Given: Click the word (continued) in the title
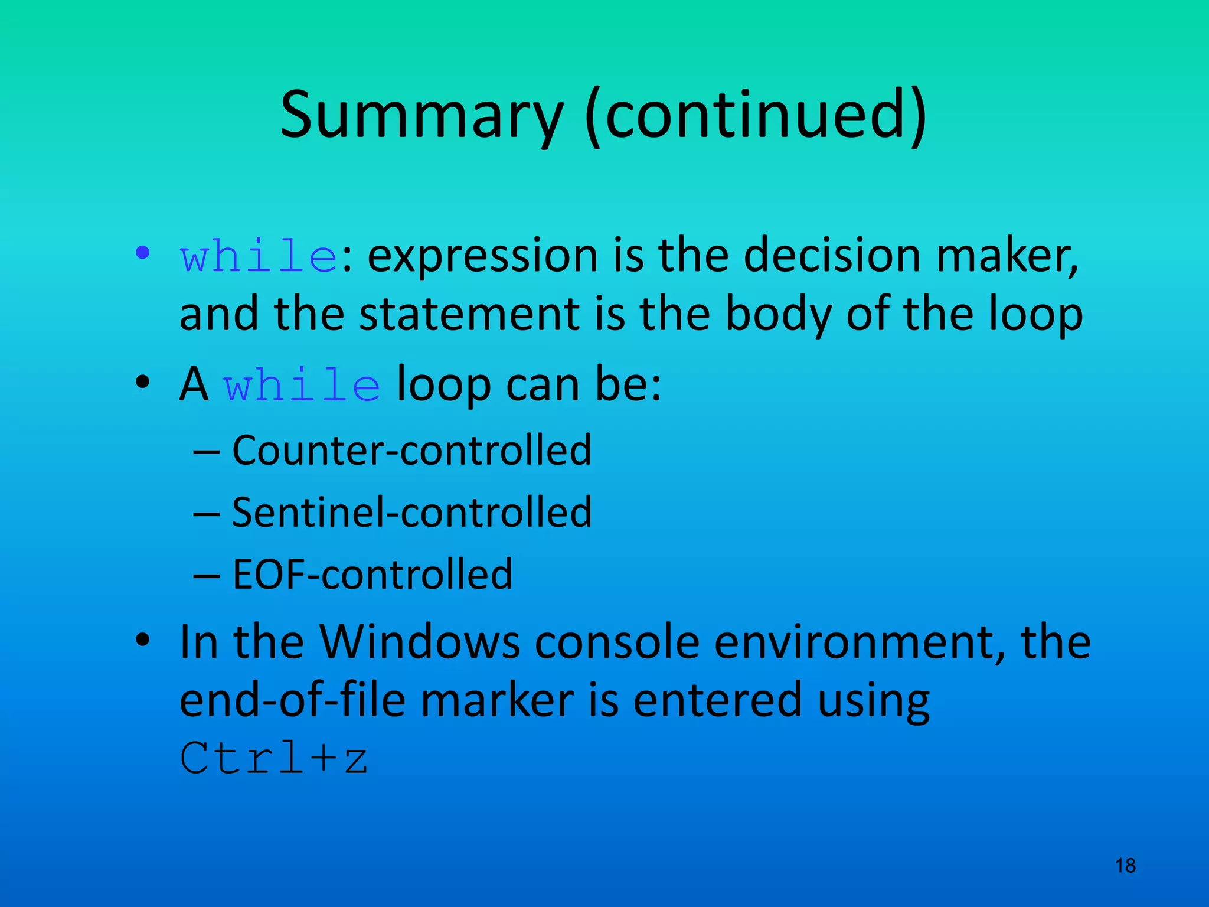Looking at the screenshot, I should pos(756,115).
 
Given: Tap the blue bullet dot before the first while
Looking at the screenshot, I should pos(142,253).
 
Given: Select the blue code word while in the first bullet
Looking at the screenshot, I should pos(259,257).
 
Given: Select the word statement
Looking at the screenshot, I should pos(470,314).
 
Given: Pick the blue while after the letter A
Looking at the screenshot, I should pos(302,386).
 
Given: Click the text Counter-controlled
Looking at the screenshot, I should pos(411,451).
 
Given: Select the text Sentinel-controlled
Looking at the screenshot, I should pos(411,512).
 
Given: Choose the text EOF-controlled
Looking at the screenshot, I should pos(372,575).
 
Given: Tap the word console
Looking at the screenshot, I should pos(617,642).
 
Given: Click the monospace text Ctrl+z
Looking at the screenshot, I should pos(274,758).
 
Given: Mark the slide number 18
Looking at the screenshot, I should pos(1125,866).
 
